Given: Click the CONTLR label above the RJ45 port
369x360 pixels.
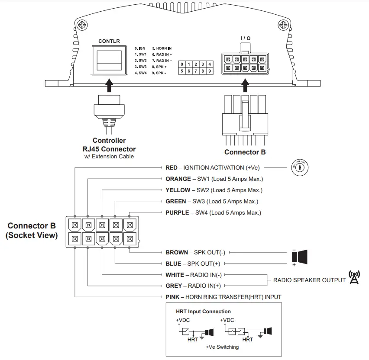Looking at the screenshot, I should pyautogui.click(x=109, y=41).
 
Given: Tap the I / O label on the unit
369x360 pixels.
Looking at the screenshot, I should pyautogui.click(x=245, y=39).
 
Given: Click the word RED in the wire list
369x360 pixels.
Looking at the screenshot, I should pyautogui.click(x=172, y=167).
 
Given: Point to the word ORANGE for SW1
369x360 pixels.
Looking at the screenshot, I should pyautogui.click(x=178, y=179).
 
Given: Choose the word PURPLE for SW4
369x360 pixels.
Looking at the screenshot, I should pyautogui.click(x=177, y=212).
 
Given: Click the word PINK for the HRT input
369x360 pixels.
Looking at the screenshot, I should pyautogui.click(x=172, y=297).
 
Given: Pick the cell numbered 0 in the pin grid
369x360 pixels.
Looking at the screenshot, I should pyautogui.click(x=182, y=64).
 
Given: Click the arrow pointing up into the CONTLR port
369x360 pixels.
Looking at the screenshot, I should pyautogui.click(x=109, y=84).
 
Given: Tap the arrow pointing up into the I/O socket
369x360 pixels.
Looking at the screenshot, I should pyautogui.click(x=245, y=85).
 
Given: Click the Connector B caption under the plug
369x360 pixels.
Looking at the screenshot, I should pyautogui.click(x=245, y=152).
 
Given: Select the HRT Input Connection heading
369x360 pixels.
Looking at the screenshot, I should pyautogui.click(x=203, y=312).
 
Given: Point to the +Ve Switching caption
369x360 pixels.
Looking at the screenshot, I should pyautogui.click(x=222, y=347).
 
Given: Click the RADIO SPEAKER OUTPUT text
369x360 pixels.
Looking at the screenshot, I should pyautogui.click(x=309, y=280).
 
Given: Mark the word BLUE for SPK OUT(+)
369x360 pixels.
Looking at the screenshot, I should pyautogui.click(x=173, y=264).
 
